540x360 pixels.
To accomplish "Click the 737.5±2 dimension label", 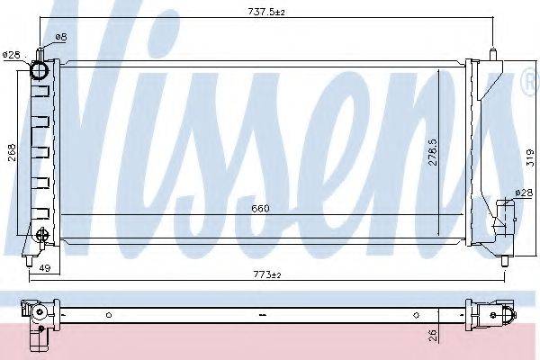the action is click(266, 12).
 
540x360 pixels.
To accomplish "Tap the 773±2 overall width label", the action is click(267, 274).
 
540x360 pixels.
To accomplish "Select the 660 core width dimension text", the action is click(260, 209).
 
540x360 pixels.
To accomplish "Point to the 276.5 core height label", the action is click(433, 152).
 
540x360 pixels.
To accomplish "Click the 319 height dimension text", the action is click(530, 157).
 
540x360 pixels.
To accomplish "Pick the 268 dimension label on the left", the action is click(12, 153).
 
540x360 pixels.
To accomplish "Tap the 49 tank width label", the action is click(44, 267).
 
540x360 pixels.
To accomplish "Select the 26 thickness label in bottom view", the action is click(433, 335).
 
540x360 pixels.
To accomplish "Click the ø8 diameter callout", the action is click(60, 37).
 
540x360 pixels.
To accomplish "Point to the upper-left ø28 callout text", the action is click(12, 55).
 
